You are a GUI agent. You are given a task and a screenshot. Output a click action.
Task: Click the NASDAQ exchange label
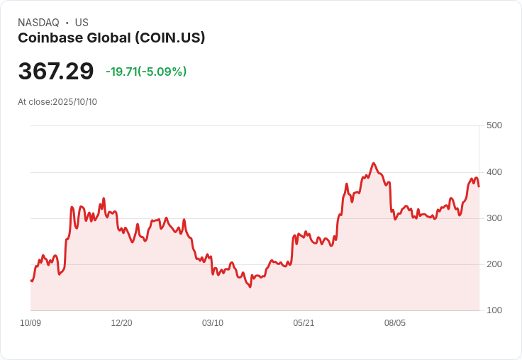[x=38, y=23]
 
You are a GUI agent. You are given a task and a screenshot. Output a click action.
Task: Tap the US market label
[x=82, y=23]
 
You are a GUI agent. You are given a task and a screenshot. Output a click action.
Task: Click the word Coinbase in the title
[x=48, y=38]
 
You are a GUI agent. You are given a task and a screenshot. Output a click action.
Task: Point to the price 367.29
[x=56, y=72]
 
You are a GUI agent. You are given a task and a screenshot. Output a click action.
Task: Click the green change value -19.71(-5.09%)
[x=146, y=72]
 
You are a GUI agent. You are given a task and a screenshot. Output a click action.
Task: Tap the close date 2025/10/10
[x=74, y=102]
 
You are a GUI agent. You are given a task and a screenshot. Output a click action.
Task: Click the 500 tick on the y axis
[x=494, y=125]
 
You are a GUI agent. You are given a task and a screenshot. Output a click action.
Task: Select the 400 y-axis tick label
[x=494, y=172]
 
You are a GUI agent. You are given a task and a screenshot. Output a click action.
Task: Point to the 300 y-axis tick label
[x=494, y=218]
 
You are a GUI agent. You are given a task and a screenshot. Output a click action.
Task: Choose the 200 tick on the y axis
[x=494, y=264]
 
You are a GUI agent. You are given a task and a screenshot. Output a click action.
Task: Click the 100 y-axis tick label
[x=494, y=310]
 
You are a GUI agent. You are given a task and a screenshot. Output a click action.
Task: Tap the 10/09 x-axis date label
[x=30, y=323]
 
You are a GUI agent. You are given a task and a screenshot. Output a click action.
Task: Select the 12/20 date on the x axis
[x=122, y=323]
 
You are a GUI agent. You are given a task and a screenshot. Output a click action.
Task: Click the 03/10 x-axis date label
[x=213, y=323]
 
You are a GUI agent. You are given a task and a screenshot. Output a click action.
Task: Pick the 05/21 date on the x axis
[x=304, y=323]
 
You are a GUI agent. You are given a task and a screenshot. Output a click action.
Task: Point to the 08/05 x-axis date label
[x=395, y=323]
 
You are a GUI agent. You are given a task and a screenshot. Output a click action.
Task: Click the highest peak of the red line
[x=374, y=163]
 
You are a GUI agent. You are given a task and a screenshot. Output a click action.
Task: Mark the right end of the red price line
[x=479, y=186]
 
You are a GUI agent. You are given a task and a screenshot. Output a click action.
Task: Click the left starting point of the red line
[x=31, y=281]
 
